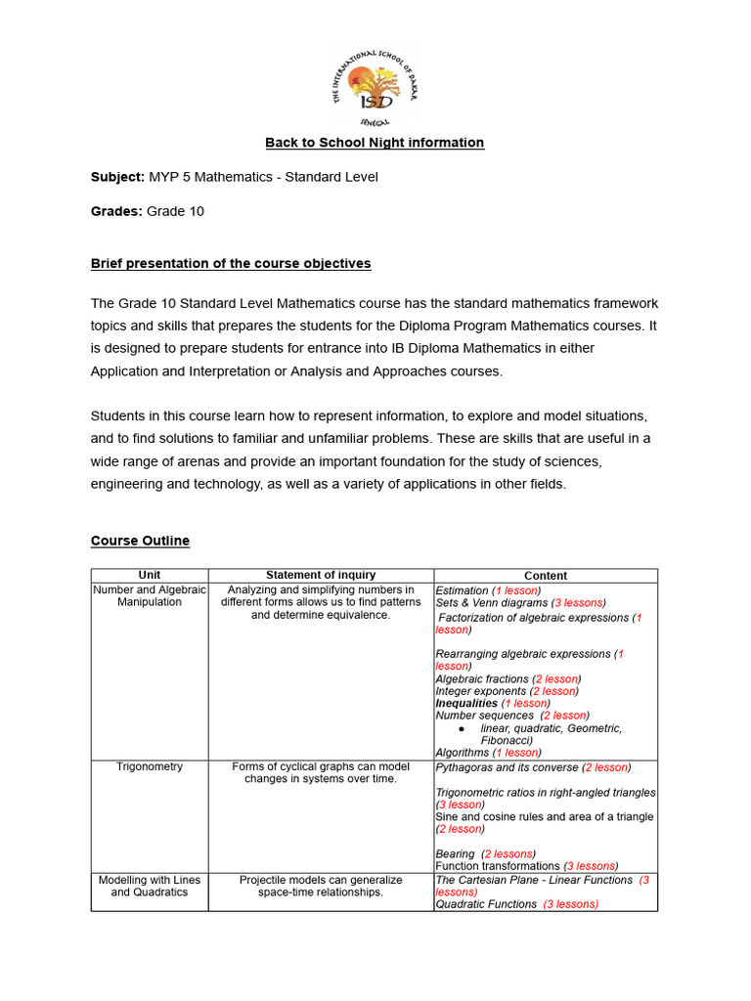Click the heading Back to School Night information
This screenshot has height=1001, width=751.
(375, 143)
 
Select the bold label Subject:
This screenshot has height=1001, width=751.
(117, 177)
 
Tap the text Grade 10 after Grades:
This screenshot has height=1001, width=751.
(175, 211)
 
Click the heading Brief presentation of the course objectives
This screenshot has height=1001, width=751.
(231, 264)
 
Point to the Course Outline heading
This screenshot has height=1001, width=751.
(140, 541)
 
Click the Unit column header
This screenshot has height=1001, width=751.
(150, 576)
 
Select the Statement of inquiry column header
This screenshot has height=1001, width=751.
(321, 576)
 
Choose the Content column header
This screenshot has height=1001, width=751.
(546, 576)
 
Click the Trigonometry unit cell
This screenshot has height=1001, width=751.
(150, 767)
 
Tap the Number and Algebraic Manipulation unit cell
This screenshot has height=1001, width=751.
(150, 596)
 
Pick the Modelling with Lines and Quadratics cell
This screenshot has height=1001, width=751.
(150, 886)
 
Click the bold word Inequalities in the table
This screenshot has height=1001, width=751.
(466, 703)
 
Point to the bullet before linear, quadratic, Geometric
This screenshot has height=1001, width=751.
(461, 729)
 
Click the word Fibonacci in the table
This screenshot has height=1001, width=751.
(506, 741)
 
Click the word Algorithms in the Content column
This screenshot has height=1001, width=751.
(463, 753)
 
